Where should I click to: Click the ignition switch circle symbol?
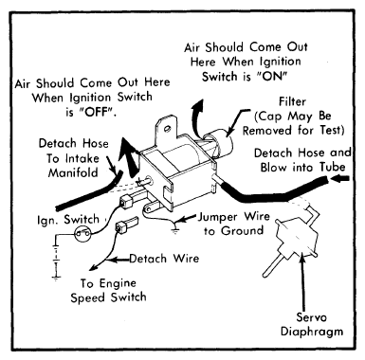pyautogui.click(x=82, y=234)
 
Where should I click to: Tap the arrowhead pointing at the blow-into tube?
pyautogui.click(x=339, y=178)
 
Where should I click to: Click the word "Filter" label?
pyautogui.click(x=292, y=101)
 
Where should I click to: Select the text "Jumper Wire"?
pyautogui.click(x=234, y=217)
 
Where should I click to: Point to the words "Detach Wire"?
pyautogui.click(x=164, y=259)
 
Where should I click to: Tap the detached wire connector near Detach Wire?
pyautogui.click(x=126, y=225)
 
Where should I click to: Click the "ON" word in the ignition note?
pyautogui.click(x=273, y=76)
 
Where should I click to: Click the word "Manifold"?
pyautogui.click(x=73, y=172)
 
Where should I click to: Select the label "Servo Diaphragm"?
pyautogui.click(x=311, y=324)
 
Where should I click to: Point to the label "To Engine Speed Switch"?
pyautogui.click(x=108, y=290)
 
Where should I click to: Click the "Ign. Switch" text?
pyautogui.click(x=68, y=219)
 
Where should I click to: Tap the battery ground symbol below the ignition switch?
pyautogui.click(x=56, y=279)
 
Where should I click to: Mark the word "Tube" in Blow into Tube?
pyautogui.click(x=332, y=167)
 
